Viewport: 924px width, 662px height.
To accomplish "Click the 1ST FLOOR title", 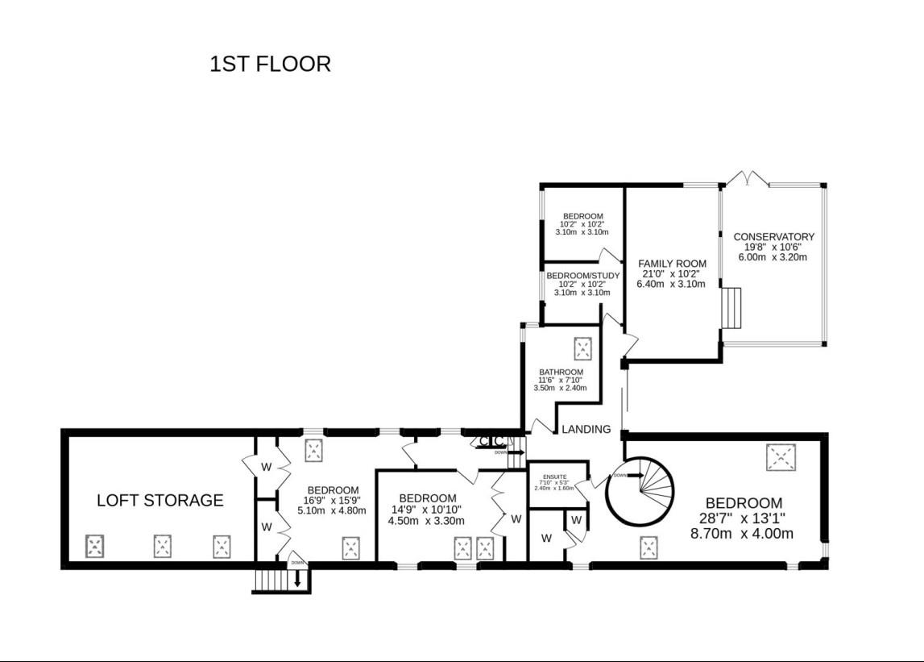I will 270,65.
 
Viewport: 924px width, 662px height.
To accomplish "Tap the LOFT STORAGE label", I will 160,500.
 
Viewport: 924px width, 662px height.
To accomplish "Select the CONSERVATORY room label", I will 773,236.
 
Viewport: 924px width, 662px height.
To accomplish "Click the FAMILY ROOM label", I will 672,264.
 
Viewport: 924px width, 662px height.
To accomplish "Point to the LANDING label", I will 586,429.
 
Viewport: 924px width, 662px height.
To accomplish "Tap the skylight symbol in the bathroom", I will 582,349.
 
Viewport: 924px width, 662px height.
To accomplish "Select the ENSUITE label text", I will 554,477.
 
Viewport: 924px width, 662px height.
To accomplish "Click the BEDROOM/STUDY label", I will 582,276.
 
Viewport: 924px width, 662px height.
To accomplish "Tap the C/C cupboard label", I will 491,441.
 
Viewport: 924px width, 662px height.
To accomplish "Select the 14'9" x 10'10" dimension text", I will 423,509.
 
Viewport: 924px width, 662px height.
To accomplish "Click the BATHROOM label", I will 561,373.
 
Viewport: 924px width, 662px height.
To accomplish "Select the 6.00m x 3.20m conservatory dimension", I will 773,257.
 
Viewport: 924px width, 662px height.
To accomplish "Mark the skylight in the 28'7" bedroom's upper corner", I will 778,458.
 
